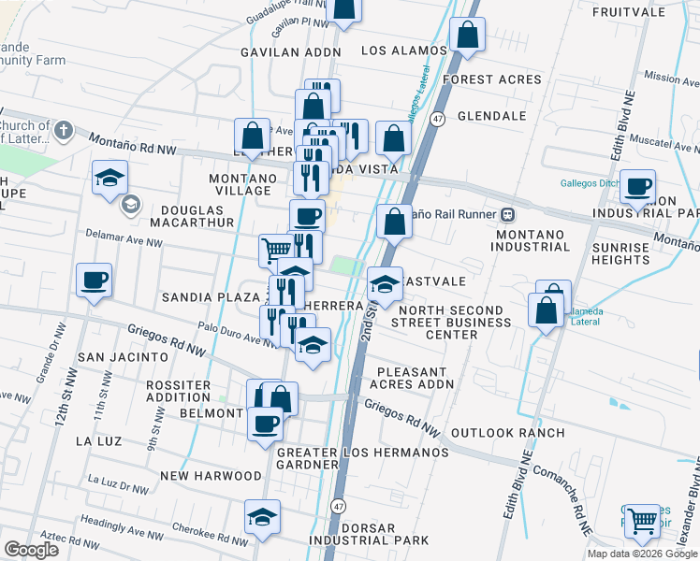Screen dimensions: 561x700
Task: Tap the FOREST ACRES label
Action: pos(492,79)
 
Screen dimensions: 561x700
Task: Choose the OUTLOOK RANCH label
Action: pos(507,433)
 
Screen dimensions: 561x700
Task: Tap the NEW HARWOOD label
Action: pos(211,476)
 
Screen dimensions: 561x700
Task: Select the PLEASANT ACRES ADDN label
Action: pos(412,377)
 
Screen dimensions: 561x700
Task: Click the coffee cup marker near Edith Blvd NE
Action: pos(638,186)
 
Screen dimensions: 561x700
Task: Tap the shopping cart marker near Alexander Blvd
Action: pos(641,520)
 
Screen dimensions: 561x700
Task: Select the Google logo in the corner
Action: pos(31,550)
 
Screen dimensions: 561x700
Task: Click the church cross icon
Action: pos(64,129)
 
